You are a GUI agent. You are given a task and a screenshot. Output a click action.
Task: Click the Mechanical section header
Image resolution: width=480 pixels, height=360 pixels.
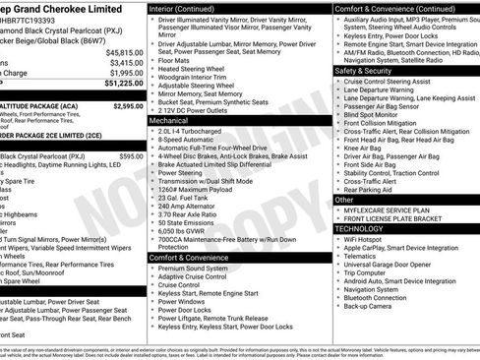coord(170,120)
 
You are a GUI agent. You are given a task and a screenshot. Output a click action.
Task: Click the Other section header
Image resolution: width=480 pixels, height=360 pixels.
coord(344,199)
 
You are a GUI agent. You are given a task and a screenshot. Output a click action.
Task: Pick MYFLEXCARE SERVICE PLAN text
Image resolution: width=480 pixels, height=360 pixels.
coord(389,211)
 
